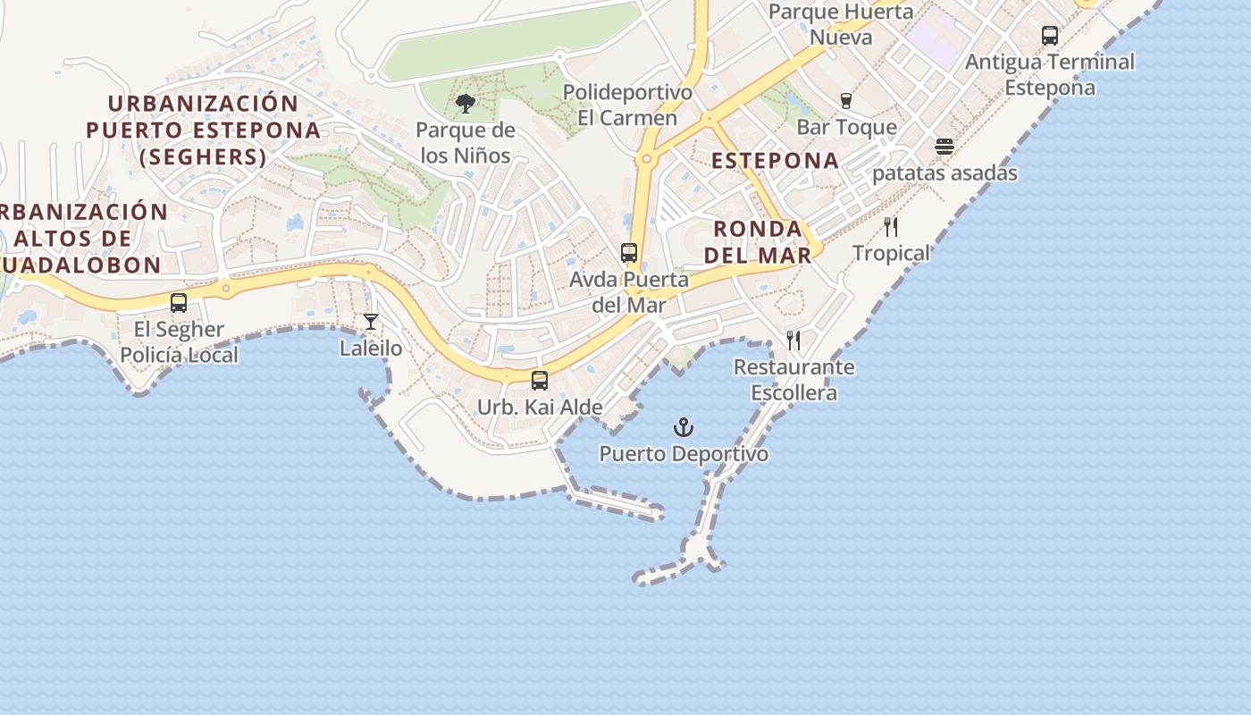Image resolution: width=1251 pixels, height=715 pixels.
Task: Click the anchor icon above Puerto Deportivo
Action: coord(684,427)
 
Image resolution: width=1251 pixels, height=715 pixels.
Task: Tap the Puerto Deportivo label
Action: coord(684,454)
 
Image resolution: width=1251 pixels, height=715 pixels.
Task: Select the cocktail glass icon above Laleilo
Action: coord(371,322)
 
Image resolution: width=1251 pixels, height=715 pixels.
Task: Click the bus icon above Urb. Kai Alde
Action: coord(540,381)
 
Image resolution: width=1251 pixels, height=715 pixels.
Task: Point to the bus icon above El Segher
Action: coord(179,303)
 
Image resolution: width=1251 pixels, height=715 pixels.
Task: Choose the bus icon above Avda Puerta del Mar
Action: coord(629,253)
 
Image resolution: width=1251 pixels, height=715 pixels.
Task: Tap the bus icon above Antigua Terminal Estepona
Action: coord(1050,36)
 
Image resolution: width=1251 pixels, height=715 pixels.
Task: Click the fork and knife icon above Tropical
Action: coord(890,227)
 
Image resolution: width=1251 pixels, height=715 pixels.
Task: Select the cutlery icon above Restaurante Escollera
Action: coord(793,341)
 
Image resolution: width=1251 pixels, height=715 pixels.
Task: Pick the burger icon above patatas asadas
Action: coord(945,147)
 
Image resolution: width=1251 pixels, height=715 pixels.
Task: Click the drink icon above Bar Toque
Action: coord(846,101)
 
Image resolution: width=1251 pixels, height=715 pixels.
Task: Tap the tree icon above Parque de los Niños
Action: coord(465,105)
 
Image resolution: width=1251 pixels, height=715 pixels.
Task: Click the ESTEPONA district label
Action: coord(775,161)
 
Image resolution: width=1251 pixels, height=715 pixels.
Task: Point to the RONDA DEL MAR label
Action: coord(758,241)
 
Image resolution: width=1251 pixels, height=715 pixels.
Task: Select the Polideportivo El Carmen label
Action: coord(627,105)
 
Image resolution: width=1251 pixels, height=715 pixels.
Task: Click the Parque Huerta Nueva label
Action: coord(841,25)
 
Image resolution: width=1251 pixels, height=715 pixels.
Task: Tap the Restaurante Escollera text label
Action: coord(793,380)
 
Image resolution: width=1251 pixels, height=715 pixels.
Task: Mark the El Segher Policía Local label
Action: coord(179,342)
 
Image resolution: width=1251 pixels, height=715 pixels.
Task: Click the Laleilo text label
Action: coord(371,349)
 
